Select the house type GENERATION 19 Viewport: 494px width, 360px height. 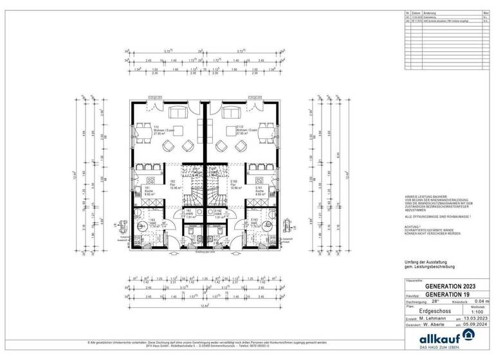pos(446,294)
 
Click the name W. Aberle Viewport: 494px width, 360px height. pos(432,325)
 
